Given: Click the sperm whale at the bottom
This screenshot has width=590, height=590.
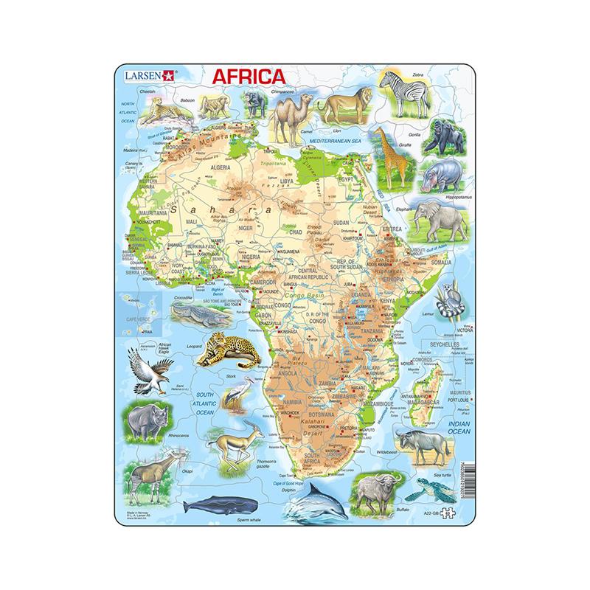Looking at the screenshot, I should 214,505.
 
